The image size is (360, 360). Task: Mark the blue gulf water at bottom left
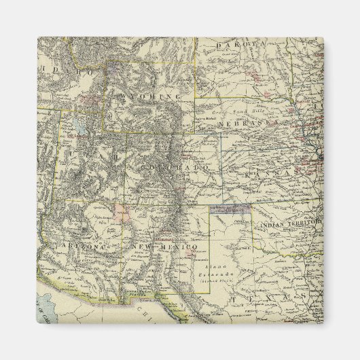pos(51,306)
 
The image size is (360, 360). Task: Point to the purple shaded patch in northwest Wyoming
pos(113,68)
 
